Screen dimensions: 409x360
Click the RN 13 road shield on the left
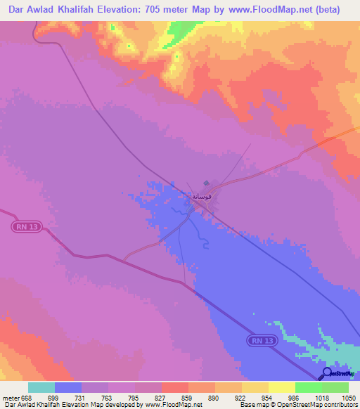point(26,226)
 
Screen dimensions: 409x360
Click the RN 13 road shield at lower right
point(261,340)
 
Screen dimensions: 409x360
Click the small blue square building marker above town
point(206,184)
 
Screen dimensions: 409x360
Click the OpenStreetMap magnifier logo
point(328,372)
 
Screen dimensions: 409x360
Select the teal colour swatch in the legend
point(41,387)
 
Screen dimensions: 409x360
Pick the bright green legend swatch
point(308,387)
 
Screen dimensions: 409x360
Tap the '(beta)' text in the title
point(326,10)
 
